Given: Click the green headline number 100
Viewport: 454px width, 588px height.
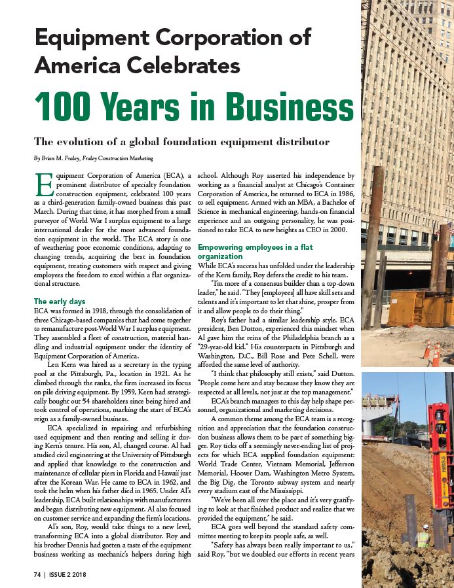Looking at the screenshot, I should [x=69, y=105].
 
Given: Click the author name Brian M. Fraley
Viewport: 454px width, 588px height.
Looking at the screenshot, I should [x=60, y=158].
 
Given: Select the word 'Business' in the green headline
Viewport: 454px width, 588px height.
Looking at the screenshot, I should [x=262, y=105].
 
